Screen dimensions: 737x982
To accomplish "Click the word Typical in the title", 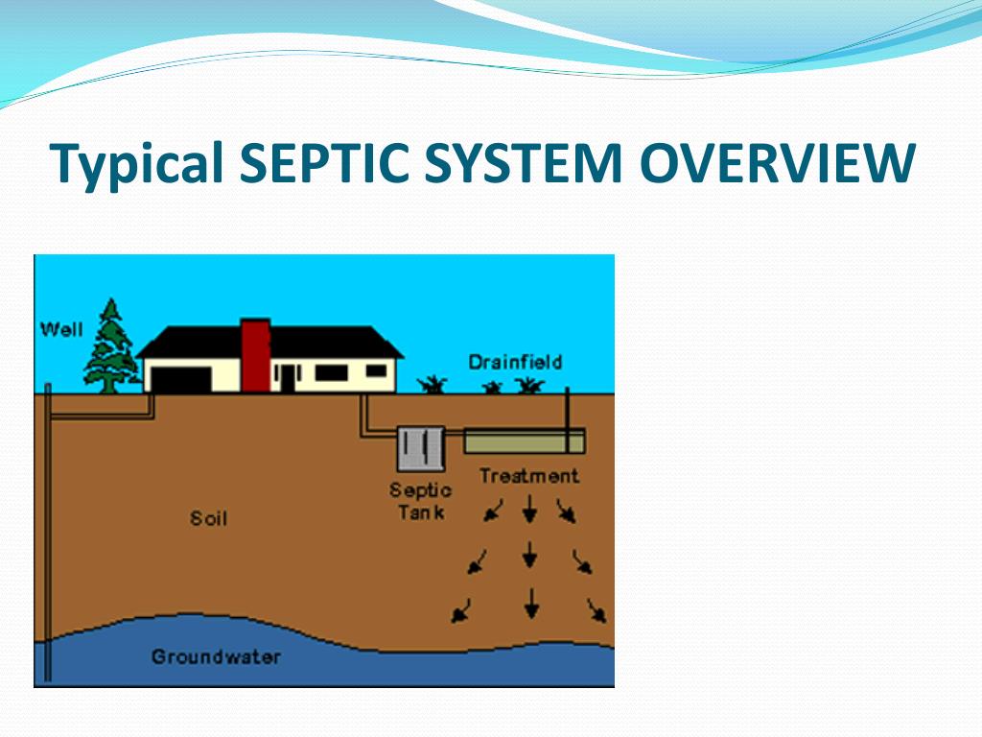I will click(x=138, y=164).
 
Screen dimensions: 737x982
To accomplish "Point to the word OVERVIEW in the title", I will click(x=778, y=163).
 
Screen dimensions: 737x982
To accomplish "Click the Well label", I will click(x=61, y=329).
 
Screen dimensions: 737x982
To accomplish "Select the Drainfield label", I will click(x=515, y=362).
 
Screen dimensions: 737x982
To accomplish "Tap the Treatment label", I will click(x=528, y=476).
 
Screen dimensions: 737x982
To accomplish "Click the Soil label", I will click(x=208, y=519).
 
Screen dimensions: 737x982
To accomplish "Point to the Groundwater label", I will click(x=216, y=657).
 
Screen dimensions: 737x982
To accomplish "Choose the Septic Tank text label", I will click(x=420, y=501).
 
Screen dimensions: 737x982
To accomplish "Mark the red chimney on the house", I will click(x=255, y=355).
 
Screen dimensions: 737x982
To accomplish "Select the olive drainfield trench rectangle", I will click(x=524, y=441).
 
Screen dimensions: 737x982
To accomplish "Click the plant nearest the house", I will click(x=433, y=385).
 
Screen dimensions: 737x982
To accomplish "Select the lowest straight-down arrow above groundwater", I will click(x=530, y=603).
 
